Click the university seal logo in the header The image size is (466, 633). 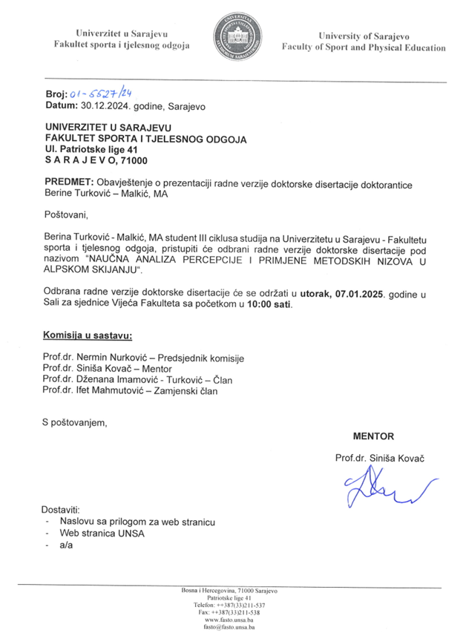tap(237, 37)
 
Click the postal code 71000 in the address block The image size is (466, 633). tap(134, 160)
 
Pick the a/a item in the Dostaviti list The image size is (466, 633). tap(66, 545)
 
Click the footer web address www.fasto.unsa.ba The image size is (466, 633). tap(230, 619)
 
